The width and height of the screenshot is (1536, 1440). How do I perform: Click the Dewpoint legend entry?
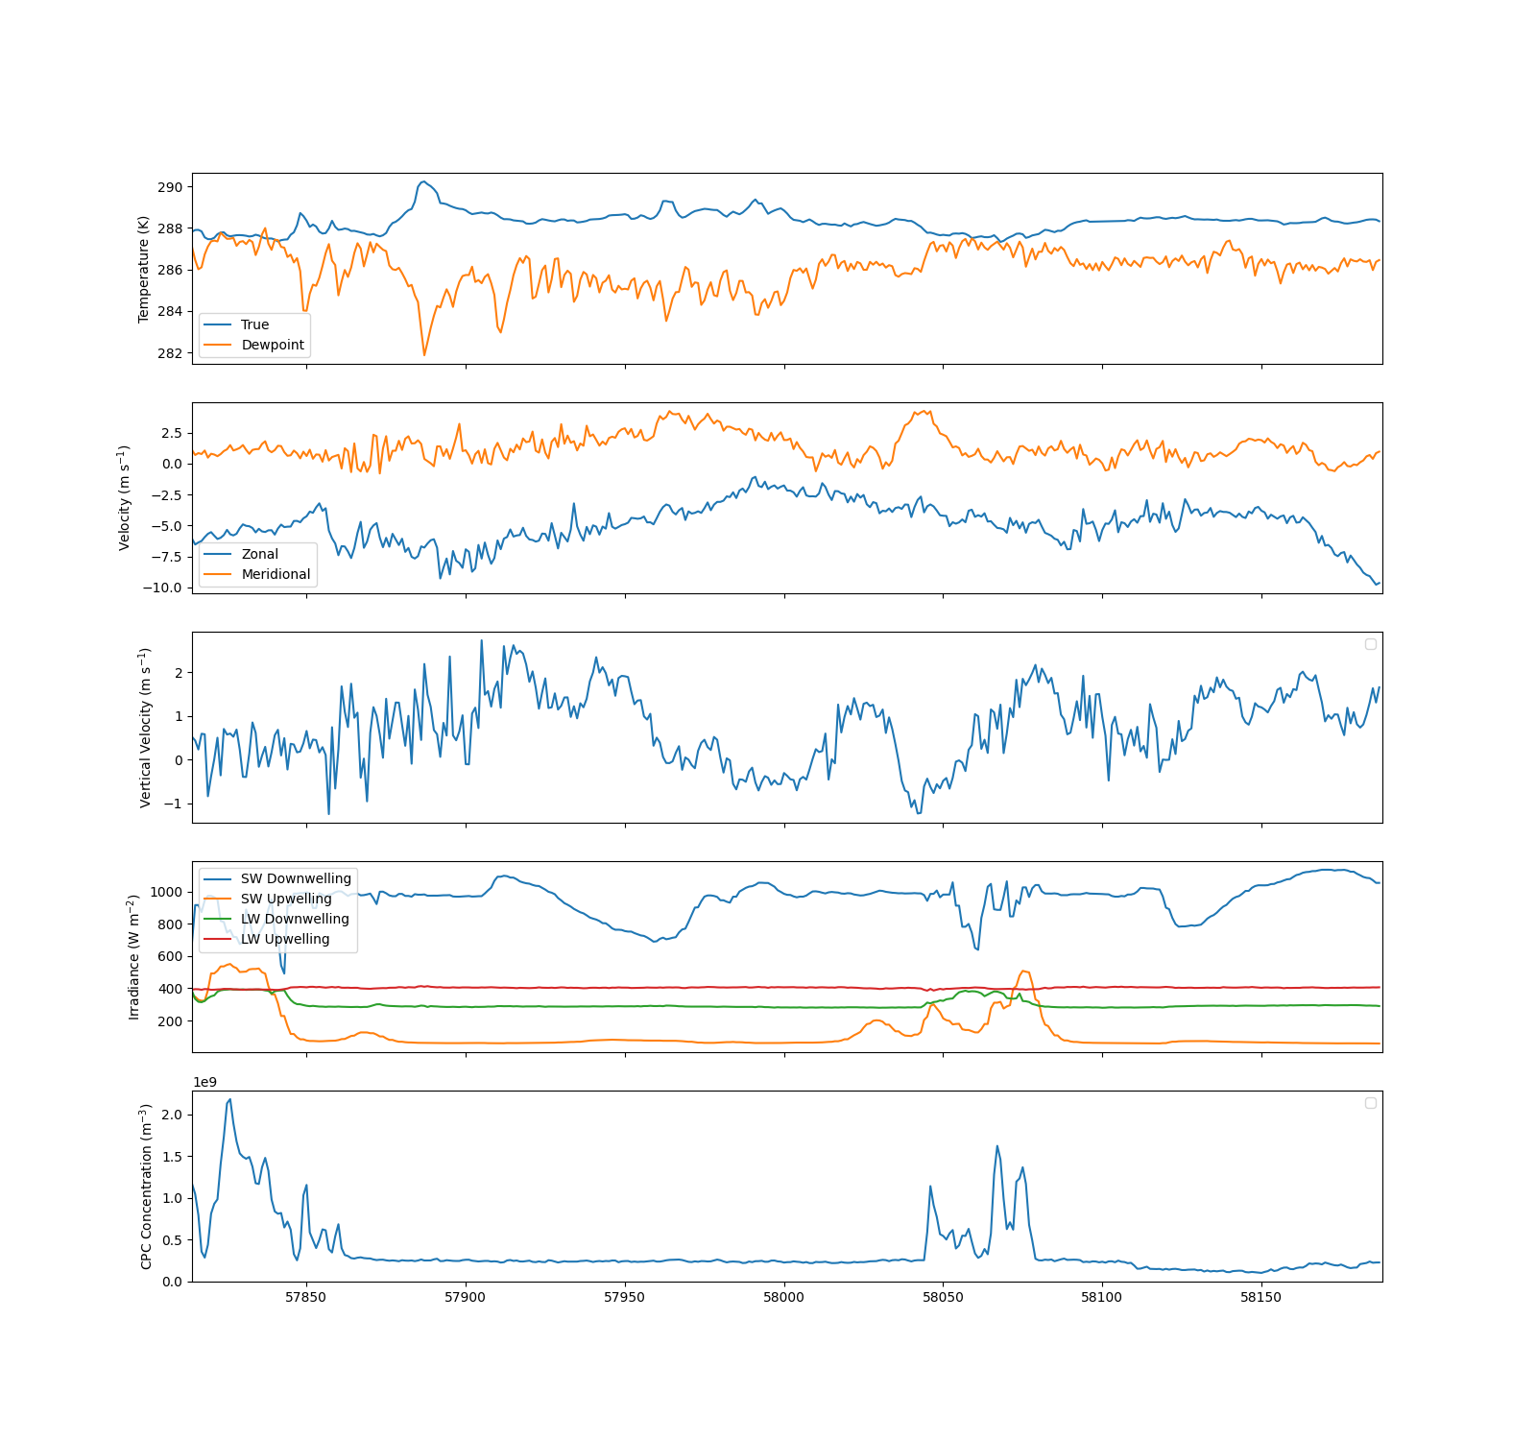[272, 345]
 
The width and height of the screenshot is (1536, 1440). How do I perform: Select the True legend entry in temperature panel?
[254, 324]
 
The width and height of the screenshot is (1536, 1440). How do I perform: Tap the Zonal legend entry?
[259, 554]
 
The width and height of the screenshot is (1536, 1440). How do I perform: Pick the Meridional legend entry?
[276, 574]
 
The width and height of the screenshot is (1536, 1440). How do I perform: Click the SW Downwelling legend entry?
[296, 878]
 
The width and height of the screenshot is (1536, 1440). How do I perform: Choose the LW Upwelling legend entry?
[284, 939]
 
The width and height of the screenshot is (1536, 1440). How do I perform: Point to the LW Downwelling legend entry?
[295, 919]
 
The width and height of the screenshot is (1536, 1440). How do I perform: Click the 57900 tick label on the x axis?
[466, 1297]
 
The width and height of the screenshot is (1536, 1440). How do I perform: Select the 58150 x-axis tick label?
[1261, 1297]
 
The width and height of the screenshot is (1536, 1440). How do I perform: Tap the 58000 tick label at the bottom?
[784, 1297]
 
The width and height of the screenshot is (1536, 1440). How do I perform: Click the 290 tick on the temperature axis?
[170, 187]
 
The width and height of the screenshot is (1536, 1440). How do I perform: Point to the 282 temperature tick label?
[170, 353]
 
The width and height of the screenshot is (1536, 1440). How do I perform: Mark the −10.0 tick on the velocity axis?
[161, 588]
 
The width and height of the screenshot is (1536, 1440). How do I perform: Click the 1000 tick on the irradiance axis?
[166, 892]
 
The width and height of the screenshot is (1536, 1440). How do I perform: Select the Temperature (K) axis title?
[144, 269]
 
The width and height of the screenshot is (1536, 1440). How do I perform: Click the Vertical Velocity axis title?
[146, 728]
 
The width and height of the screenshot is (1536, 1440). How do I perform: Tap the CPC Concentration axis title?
[146, 1187]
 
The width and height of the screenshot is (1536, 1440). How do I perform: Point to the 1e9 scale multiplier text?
[204, 1082]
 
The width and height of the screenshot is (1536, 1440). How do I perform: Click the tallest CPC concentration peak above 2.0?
[229, 1100]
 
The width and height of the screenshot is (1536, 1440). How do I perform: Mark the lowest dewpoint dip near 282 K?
[424, 355]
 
